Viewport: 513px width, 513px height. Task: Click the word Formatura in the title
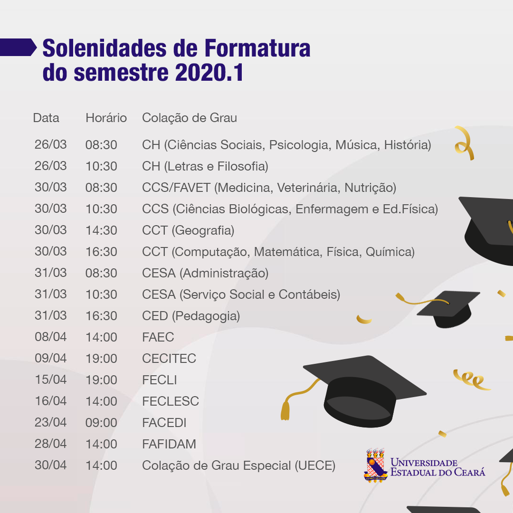257,48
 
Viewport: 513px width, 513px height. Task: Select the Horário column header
106,118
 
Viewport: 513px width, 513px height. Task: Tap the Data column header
46,118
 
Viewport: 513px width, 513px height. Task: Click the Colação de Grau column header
190,118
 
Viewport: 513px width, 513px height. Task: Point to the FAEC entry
158,337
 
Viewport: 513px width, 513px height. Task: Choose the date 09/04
51,358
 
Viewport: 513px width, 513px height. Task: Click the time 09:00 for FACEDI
101,423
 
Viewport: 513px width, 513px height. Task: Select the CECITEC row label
169,359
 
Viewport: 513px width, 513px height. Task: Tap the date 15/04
51,380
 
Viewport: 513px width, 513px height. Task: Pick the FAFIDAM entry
169,444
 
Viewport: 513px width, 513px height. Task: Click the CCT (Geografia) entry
188,230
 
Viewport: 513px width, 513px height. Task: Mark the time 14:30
101,230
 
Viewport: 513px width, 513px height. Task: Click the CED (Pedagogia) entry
191,316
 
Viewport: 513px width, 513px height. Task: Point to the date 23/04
51,422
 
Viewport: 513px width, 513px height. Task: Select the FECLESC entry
171,401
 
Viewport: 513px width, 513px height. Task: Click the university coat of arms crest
376,465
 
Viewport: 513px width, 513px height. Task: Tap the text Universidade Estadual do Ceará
438,467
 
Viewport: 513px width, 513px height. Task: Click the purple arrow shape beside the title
18,47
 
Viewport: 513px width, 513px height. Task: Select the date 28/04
51,444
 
